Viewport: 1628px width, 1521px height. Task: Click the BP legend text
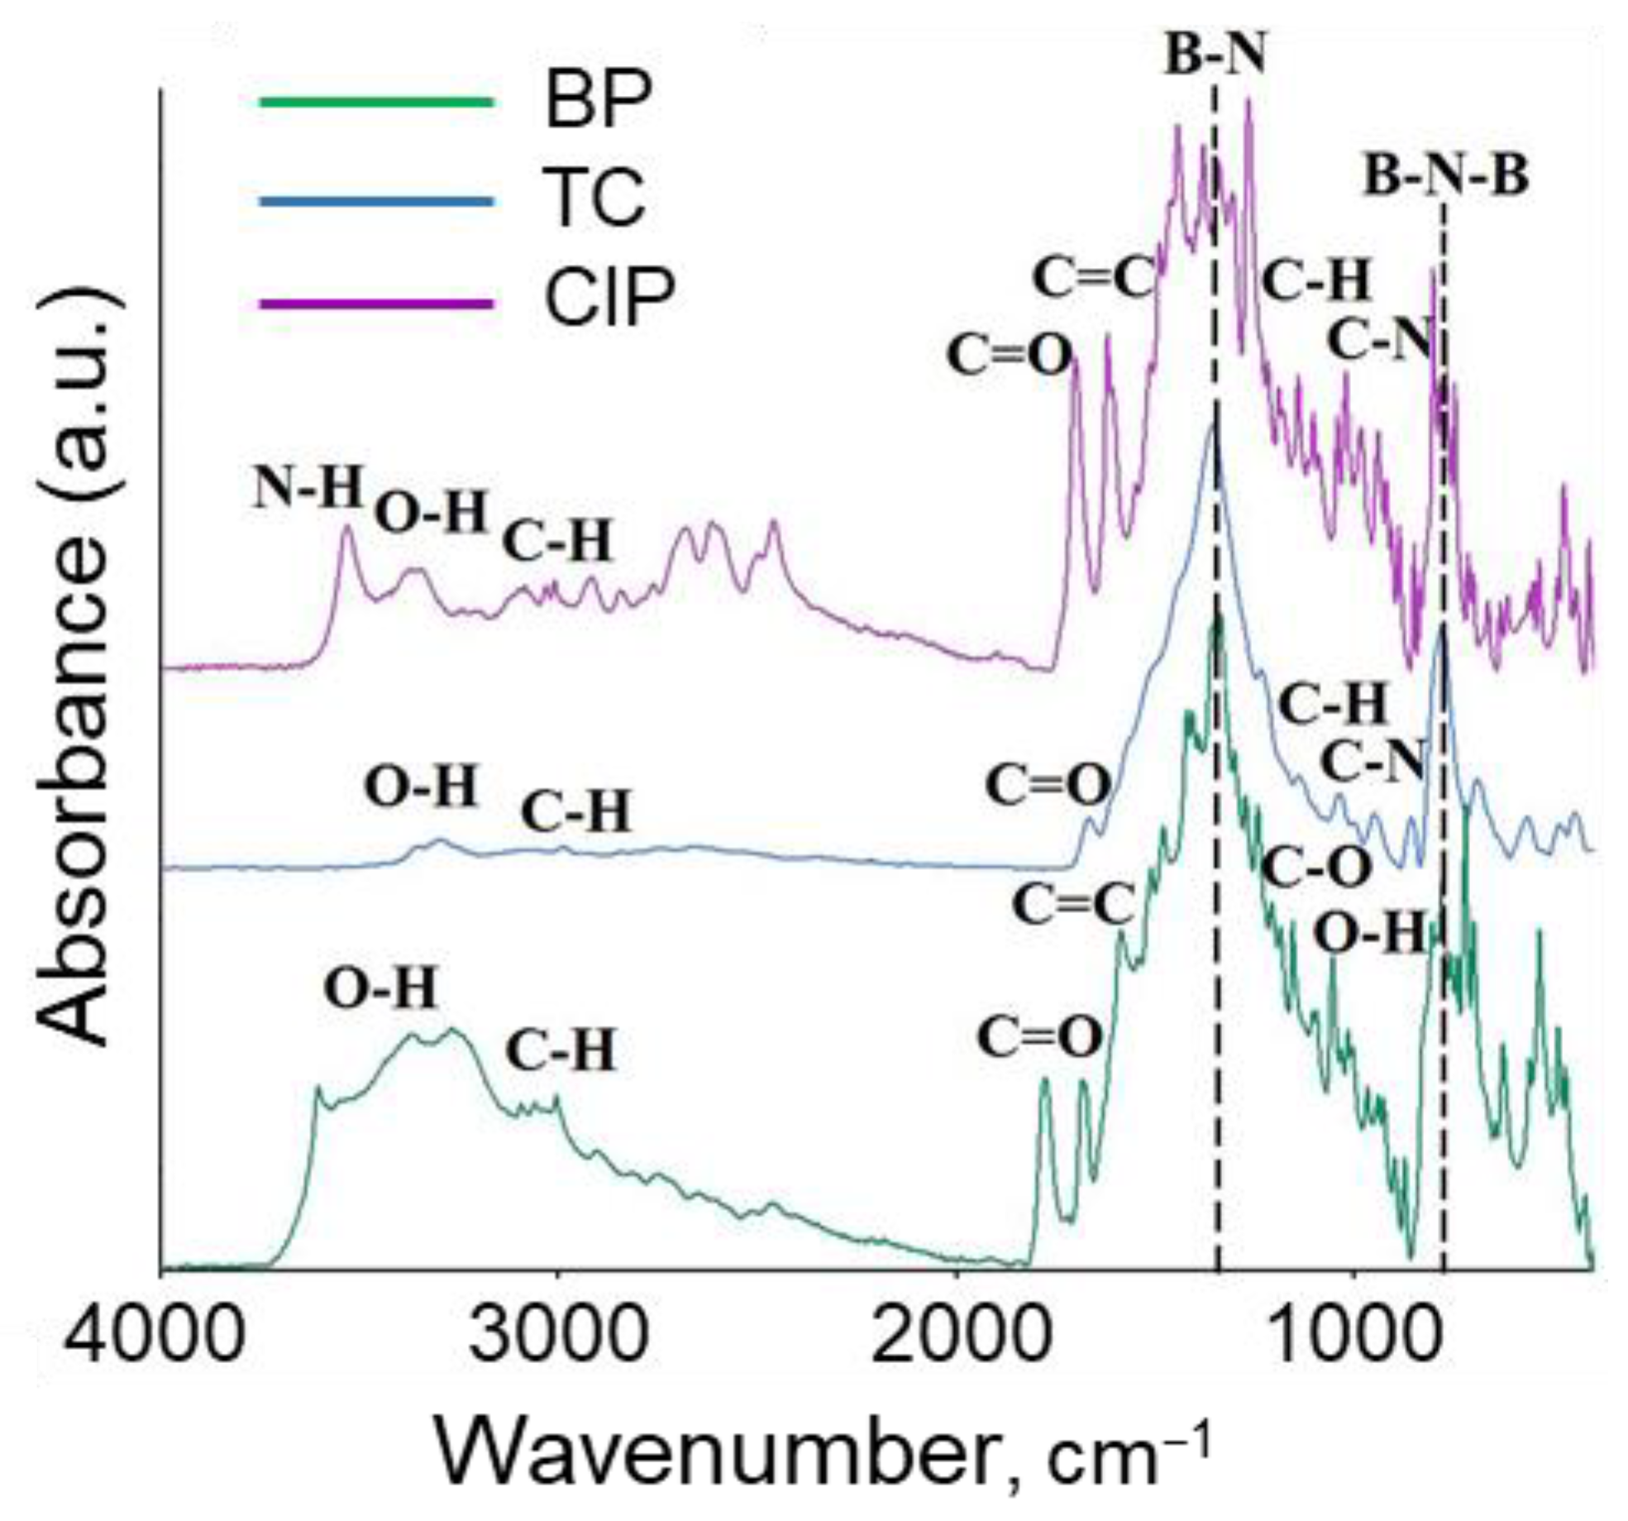598,103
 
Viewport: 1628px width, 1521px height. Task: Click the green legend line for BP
376,103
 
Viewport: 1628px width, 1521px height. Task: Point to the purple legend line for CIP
376,304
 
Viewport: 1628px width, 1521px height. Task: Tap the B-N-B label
1445,178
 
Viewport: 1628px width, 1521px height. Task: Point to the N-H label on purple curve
308,488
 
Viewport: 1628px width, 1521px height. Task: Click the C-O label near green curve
1318,867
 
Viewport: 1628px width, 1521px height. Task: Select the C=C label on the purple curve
1092,280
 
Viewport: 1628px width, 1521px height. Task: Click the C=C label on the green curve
1072,904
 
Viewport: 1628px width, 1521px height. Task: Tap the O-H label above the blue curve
422,786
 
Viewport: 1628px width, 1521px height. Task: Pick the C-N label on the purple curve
1378,341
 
